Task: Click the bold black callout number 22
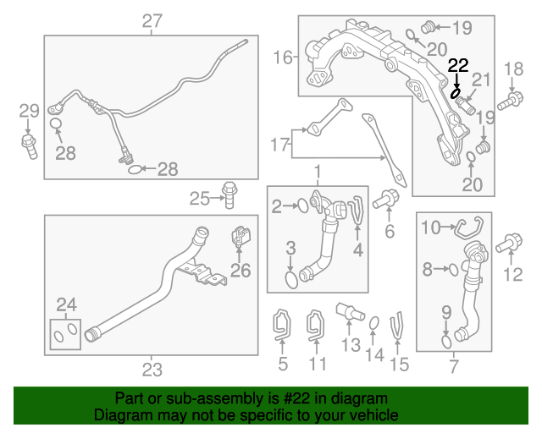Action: coord(458,66)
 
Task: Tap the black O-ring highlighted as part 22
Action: coord(456,92)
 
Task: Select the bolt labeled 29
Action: coord(30,146)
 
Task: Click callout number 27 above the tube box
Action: coord(152,21)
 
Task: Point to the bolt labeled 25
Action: coord(229,195)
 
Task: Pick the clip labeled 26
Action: coord(241,236)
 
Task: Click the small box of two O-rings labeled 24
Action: coord(65,334)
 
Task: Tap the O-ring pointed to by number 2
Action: coord(303,206)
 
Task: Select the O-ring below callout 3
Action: coord(291,280)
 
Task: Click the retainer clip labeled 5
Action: coord(282,324)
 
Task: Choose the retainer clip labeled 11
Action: coord(316,325)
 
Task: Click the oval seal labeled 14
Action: coord(373,324)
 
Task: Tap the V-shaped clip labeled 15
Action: coord(397,326)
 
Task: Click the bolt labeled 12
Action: coord(509,243)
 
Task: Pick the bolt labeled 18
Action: coord(510,101)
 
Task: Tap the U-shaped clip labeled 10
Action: coord(469,227)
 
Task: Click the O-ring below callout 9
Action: coord(446,341)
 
